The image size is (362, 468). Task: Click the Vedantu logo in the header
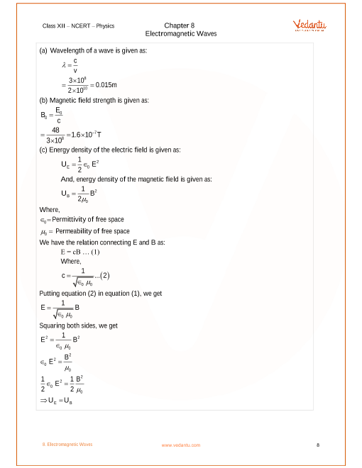[x=309, y=26]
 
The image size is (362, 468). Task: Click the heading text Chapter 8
[x=180, y=26]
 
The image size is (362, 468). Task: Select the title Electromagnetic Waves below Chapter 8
[x=181, y=33]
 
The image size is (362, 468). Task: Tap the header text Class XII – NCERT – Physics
[x=78, y=26]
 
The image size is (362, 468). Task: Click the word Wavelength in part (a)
[x=67, y=51]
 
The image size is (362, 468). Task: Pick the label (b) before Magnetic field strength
[x=43, y=101]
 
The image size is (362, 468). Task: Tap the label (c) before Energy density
[x=43, y=150]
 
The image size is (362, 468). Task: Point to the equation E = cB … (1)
[x=79, y=252]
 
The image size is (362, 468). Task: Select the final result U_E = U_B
[x=57, y=401]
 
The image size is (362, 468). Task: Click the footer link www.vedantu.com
[x=181, y=445]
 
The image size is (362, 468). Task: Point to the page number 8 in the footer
[x=318, y=445]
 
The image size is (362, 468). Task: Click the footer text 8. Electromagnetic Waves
[x=67, y=445]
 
